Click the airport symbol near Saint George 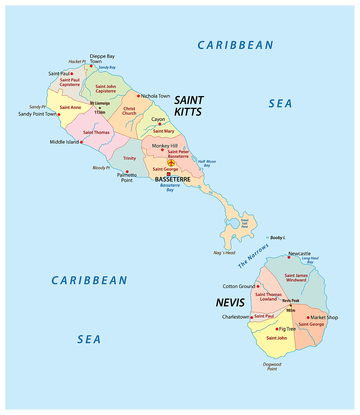click(x=171, y=163)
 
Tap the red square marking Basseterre click(x=169, y=174)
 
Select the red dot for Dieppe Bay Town click(x=91, y=66)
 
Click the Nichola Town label click(x=155, y=96)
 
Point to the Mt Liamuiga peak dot click(x=100, y=108)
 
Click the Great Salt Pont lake click(x=234, y=223)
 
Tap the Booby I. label click(x=278, y=238)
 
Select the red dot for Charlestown click(x=252, y=318)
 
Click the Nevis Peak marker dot click(x=291, y=306)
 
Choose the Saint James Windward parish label click(x=296, y=278)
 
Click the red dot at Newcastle click(x=289, y=257)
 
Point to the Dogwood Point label click(x=272, y=366)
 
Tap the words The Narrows click(x=253, y=256)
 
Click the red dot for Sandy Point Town click(x=59, y=114)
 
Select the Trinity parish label click(x=129, y=158)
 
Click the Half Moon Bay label click(x=207, y=163)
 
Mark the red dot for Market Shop click(x=308, y=318)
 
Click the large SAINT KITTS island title click(x=188, y=106)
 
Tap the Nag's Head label click(x=224, y=253)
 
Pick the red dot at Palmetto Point click(x=127, y=172)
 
